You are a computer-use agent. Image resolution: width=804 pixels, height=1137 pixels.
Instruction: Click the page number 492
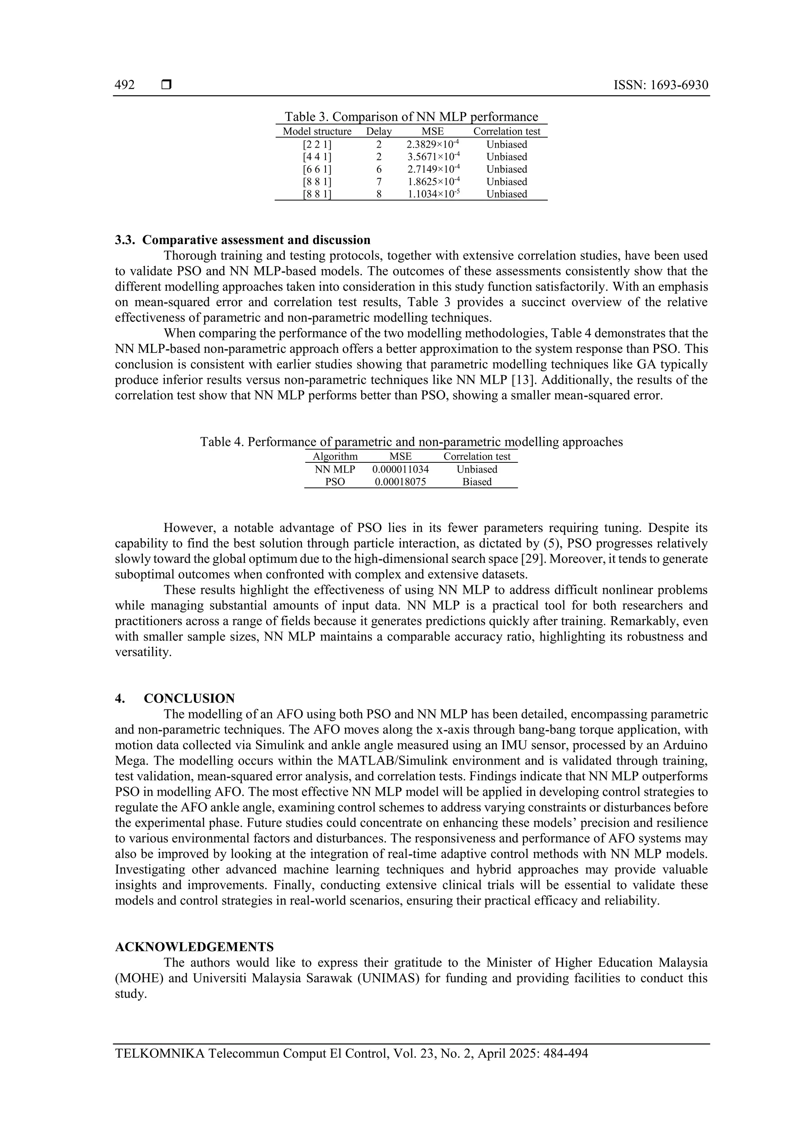point(124,85)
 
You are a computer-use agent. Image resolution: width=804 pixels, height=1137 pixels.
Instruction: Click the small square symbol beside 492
point(166,85)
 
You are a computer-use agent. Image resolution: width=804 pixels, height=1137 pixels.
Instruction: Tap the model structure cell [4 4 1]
point(317,157)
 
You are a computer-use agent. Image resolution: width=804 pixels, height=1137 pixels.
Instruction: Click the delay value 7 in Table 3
point(378,182)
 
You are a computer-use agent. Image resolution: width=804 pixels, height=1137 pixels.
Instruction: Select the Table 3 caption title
point(411,117)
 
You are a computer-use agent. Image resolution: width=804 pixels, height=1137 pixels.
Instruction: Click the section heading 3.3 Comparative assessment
point(243,240)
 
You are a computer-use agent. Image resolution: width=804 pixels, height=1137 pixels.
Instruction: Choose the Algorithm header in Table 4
point(335,456)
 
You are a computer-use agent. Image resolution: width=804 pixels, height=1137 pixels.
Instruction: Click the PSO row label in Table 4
point(335,482)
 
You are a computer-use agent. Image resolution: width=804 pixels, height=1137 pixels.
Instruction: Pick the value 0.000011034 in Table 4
point(400,469)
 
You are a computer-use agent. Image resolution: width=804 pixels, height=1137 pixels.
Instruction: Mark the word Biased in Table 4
point(477,482)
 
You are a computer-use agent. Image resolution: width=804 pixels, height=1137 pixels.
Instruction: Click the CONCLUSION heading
point(189,699)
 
